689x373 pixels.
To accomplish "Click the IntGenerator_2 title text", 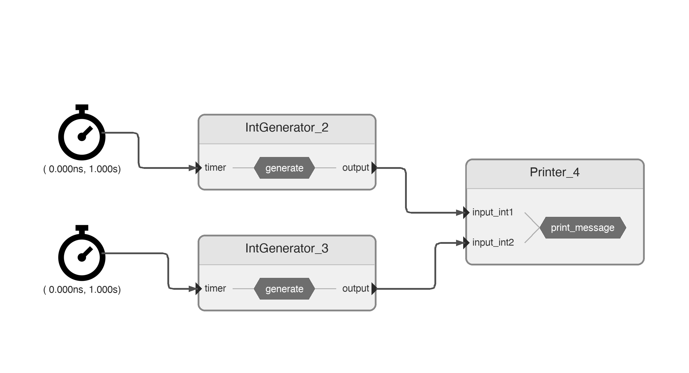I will click(x=287, y=128).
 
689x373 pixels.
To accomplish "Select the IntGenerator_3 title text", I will click(x=287, y=249).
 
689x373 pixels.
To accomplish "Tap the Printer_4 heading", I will click(x=555, y=172).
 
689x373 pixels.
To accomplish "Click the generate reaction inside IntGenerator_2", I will click(x=284, y=168).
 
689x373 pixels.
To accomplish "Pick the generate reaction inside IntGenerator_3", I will click(x=284, y=289).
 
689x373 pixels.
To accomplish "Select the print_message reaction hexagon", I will click(x=582, y=228).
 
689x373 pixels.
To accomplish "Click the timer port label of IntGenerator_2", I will click(x=215, y=168).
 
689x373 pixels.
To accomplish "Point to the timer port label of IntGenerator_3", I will click(x=215, y=289).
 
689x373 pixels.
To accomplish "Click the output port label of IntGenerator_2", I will click(x=355, y=168).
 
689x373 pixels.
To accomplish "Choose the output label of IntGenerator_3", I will click(x=355, y=289).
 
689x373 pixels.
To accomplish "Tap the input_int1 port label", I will click(x=493, y=212).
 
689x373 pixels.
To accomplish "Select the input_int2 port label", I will click(x=493, y=243).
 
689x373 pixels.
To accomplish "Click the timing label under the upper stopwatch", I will click(x=82, y=169).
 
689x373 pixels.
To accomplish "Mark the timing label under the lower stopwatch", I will click(x=82, y=290).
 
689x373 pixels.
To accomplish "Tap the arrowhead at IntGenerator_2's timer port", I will click(x=199, y=168).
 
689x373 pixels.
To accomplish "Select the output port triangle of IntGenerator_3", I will click(x=374, y=289).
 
